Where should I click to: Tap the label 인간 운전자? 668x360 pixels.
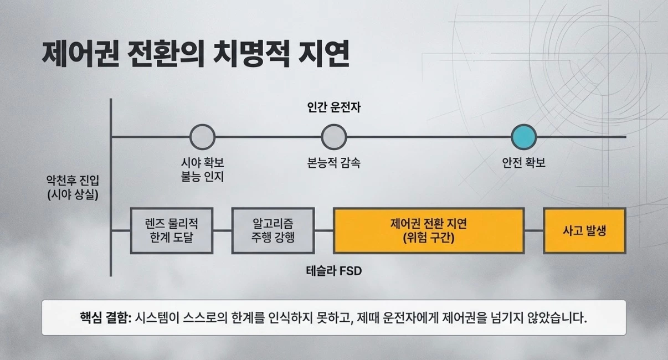click(333, 108)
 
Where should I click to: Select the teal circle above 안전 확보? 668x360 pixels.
click(523, 137)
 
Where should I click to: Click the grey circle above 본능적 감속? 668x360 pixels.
click(334, 137)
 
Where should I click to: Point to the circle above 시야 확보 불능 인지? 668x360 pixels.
click(202, 137)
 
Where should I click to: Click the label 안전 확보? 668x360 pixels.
click(523, 163)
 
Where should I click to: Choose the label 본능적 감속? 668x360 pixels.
click(334, 163)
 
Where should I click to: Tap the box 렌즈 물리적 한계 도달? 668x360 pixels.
click(172, 230)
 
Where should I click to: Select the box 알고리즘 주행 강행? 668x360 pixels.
click(273, 230)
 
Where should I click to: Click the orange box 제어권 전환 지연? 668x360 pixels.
click(429, 230)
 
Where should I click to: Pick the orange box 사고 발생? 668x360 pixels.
click(584, 230)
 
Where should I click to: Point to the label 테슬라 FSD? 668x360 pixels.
click(333, 271)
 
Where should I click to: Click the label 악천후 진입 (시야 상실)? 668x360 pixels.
click(73, 187)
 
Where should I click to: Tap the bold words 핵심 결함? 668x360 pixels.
click(102, 318)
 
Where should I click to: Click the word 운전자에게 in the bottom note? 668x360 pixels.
click(419, 318)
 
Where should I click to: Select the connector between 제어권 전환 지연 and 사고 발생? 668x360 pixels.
click(533, 230)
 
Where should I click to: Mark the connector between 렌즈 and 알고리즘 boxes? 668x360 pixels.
click(222, 230)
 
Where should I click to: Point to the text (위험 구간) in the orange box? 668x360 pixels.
click(429, 238)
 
